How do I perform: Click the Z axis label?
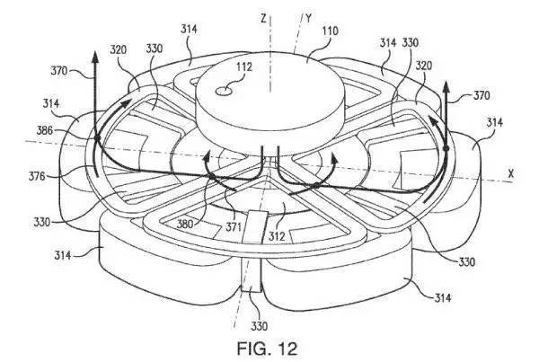point(263,18)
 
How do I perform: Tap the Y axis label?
point(308,18)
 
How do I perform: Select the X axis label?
point(511,174)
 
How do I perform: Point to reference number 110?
point(330,31)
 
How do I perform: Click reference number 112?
point(243,66)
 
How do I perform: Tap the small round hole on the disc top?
point(224,91)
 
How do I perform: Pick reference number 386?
point(45,130)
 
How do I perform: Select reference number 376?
point(37,176)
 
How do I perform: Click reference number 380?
point(186,224)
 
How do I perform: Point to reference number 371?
point(233,227)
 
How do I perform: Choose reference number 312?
point(277,236)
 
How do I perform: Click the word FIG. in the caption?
point(252,349)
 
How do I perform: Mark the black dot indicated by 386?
point(97,137)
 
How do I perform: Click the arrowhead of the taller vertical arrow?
point(94,57)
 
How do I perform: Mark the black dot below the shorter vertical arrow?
point(446,148)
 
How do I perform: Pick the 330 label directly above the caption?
point(260,325)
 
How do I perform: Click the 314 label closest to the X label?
point(495,122)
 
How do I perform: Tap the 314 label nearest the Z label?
point(189,30)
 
